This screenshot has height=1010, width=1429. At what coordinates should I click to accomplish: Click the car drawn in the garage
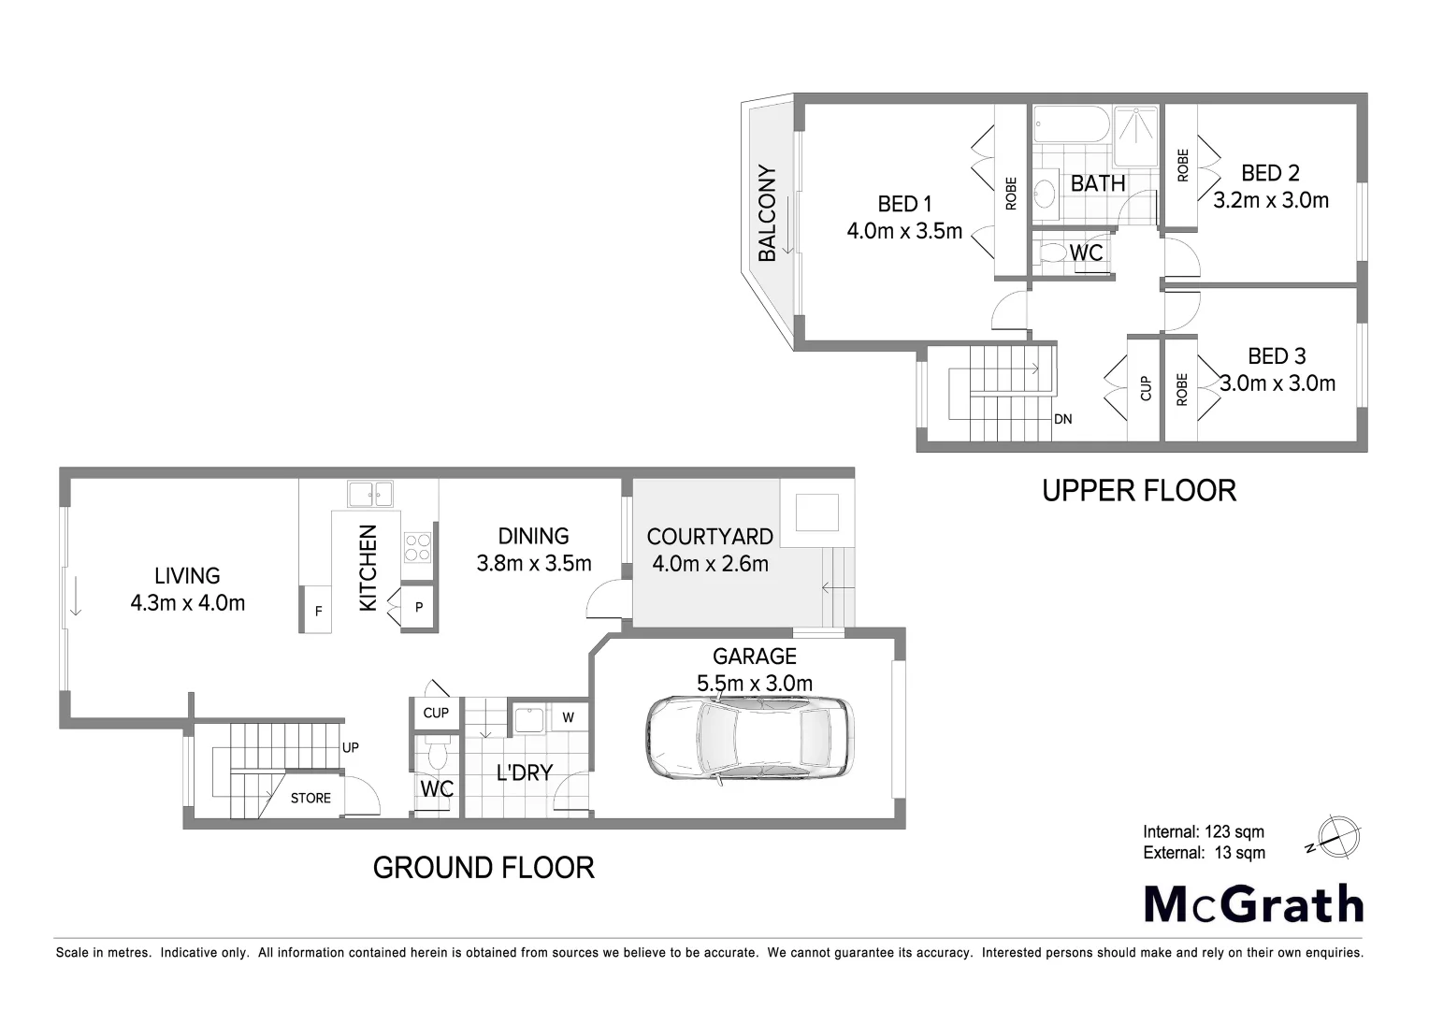tap(749, 738)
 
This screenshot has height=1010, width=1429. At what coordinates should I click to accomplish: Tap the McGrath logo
tap(1253, 904)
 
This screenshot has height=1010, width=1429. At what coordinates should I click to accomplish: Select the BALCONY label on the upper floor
tap(767, 213)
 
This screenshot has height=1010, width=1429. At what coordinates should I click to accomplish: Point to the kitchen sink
tap(370, 493)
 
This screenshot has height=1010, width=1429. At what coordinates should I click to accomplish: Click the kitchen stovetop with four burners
tap(418, 547)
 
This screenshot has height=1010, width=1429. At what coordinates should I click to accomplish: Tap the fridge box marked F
tap(317, 611)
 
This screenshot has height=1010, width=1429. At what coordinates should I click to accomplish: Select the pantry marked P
tap(419, 608)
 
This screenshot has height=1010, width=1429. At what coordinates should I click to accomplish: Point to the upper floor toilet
tap(1053, 253)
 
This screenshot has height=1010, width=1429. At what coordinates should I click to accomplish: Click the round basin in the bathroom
tap(1046, 195)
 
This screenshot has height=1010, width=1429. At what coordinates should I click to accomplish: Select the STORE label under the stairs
tap(310, 798)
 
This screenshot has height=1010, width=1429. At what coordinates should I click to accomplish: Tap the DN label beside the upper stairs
tap(1062, 419)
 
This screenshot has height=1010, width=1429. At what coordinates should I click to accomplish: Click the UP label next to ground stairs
tap(351, 747)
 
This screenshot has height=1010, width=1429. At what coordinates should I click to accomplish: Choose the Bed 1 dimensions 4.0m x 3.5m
tap(904, 231)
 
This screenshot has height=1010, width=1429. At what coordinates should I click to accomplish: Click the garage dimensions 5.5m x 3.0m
tap(755, 684)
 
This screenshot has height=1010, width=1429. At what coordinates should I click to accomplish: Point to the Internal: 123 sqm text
tap(1203, 831)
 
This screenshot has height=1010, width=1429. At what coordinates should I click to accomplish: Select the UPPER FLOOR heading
tap(1139, 490)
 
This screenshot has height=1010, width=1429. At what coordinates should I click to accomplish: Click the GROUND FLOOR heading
tap(484, 868)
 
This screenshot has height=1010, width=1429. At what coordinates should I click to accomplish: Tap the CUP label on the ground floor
tap(436, 713)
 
